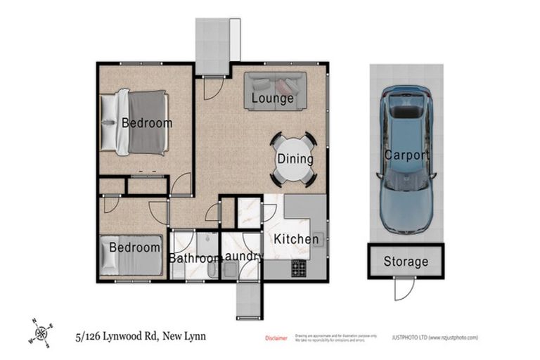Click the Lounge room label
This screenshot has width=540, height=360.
point(272,98)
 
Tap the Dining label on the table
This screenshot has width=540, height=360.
point(294,159)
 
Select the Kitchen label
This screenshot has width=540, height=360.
point(296,239)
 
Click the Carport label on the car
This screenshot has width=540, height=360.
point(406,155)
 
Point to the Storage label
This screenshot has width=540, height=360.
point(406,262)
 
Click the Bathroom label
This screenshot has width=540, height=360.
point(194,258)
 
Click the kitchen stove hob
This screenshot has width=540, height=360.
point(298,268)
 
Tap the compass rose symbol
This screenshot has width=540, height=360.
point(41,331)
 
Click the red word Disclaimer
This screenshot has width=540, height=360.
point(276,338)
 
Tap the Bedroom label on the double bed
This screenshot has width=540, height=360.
point(147,123)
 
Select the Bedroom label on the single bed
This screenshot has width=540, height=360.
point(134,247)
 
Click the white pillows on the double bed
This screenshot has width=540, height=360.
point(110,122)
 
